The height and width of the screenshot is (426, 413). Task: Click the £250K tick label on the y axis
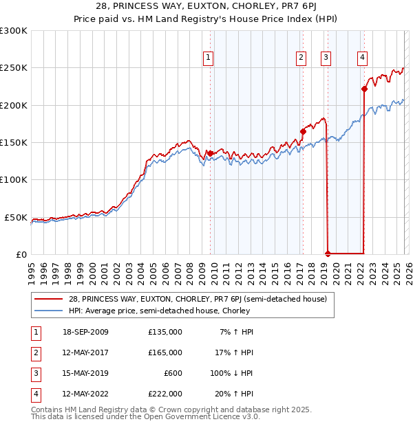pyautogui.click(x=14, y=68)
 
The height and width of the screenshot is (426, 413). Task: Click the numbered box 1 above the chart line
pyautogui.click(x=209, y=58)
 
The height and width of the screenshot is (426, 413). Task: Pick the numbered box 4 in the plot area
pyautogui.click(x=362, y=58)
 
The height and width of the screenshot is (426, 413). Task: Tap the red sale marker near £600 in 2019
pyautogui.click(x=328, y=254)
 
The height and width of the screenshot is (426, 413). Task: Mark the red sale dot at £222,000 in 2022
pyautogui.click(x=364, y=89)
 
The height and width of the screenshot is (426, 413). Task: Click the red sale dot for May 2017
pyautogui.click(x=303, y=131)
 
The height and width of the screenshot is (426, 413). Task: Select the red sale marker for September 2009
pyautogui.click(x=210, y=153)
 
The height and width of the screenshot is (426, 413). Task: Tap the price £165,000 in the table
pyautogui.click(x=165, y=352)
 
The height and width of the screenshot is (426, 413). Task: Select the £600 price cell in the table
pyautogui.click(x=173, y=373)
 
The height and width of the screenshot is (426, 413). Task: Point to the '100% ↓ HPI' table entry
pyautogui.click(x=231, y=373)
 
